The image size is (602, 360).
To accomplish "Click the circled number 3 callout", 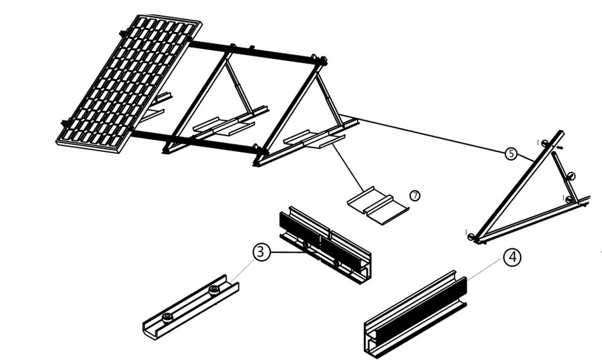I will (x=262, y=252).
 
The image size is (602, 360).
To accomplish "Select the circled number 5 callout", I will (x=511, y=154).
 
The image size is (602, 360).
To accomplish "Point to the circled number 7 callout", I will (x=415, y=195).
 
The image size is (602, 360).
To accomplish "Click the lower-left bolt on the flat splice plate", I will (x=167, y=316).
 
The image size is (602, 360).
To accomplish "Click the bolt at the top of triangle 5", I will (x=545, y=143).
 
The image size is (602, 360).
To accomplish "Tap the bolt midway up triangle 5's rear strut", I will (x=571, y=175).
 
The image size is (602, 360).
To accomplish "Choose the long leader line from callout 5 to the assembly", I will (x=428, y=137).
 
